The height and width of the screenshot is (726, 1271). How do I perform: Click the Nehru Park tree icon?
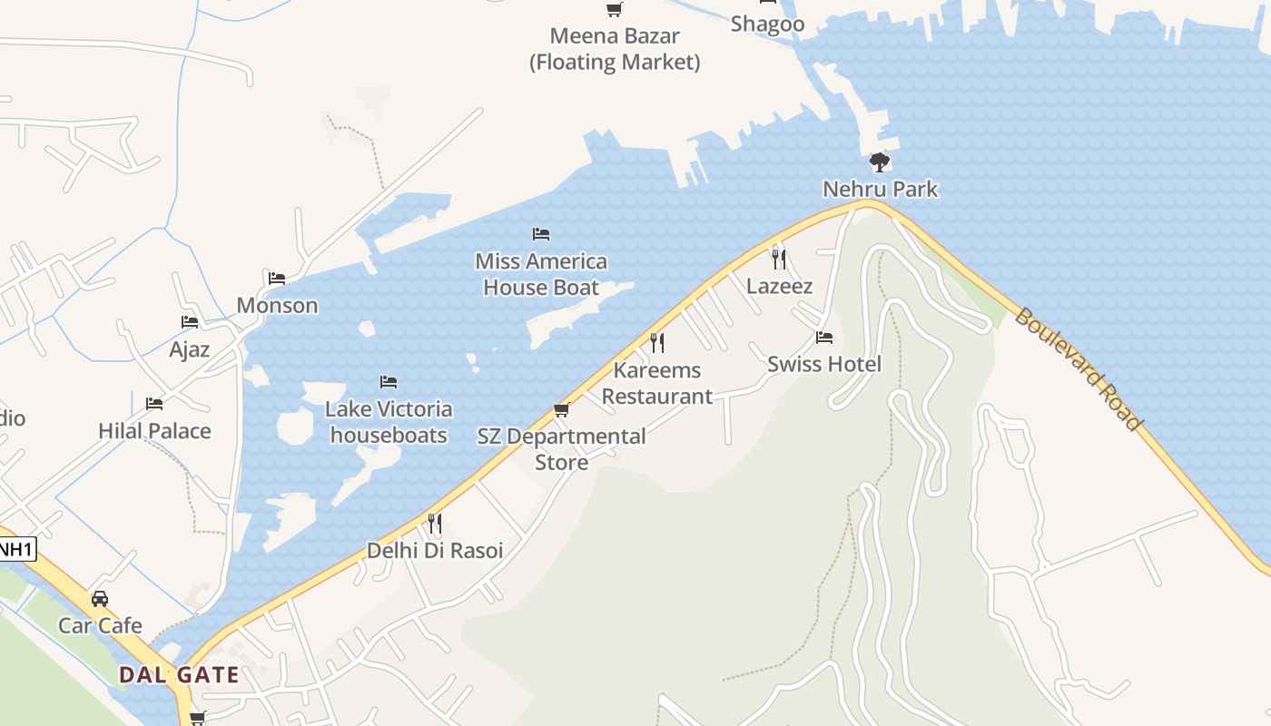click(x=879, y=162)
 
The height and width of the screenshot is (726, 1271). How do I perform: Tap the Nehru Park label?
click(x=880, y=189)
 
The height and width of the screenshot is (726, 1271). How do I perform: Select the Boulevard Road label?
click(x=1078, y=369)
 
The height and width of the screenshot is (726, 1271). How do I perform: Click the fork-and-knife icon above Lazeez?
click(x=778, y=260)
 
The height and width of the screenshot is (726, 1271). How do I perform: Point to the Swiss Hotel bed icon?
click(x=823, y=338)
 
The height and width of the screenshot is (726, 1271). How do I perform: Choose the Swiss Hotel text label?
click(x=823, y=364)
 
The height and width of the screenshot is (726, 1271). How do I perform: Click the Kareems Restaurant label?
click(x=656, y=383)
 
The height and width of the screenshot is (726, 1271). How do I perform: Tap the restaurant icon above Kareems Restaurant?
click(x=657, y=343)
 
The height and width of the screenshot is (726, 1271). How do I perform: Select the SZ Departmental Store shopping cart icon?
click(x=561, y=410)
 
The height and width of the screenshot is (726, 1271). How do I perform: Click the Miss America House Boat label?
click(x=541, y=274)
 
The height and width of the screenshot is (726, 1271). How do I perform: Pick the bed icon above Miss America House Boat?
click(x=541, y=234)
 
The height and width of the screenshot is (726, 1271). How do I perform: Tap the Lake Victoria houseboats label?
click(x=389, y=422)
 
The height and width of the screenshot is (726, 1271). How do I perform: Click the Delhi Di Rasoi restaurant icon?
click(x=435, y=524)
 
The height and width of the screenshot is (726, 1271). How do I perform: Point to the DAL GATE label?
click(x=180, y=675)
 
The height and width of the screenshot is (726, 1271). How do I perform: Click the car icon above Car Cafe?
click(x=100, y=599)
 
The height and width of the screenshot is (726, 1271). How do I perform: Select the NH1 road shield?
click(x=15, y=548)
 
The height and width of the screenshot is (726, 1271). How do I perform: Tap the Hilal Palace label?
click(x=154, y=431)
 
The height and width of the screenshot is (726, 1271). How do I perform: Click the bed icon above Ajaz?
click(x=190, y=322)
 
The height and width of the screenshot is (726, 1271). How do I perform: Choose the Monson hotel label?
click(x=277, y=305)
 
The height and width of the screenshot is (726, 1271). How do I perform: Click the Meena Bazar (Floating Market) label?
click(x=615, y=49)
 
